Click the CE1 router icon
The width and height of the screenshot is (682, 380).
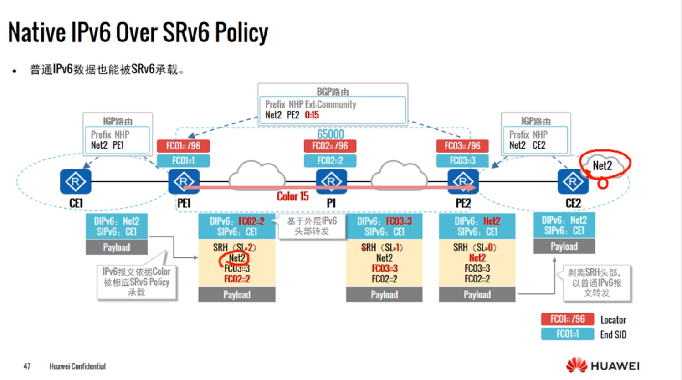[75, 181]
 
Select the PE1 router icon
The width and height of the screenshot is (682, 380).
[184, 181]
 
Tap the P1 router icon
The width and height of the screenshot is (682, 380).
[331, 181]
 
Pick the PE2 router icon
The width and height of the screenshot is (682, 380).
[463, 181]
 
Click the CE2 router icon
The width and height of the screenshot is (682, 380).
[573, 181]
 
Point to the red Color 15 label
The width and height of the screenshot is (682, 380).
[292, 196]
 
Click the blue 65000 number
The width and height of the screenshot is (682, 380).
[330, 134]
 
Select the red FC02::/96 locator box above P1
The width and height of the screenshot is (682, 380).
[330, 146]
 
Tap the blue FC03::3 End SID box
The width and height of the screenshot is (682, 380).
[462, 160]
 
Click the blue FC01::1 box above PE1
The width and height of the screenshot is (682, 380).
[183, 160]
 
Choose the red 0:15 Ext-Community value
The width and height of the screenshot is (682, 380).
[312, 115]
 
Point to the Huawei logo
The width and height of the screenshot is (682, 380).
[603, 365]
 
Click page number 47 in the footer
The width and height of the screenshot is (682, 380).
[27, 366]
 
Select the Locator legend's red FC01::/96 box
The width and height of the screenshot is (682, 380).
[567, 319]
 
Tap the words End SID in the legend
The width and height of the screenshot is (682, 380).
[613, 334]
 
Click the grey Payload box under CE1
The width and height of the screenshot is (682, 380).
[116, 247]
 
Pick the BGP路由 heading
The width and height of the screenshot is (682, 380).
[333, 92]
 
